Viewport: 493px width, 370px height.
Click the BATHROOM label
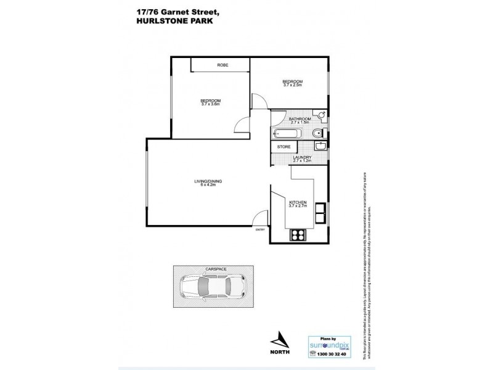click(x=291, y=118)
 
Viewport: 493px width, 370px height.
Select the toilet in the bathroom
click(x=317, y=133)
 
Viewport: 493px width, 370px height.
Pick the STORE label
click(x=284, y=147)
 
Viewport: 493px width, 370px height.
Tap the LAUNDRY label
click(x=302, y=158)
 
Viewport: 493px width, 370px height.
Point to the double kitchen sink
click(x=321, y=213)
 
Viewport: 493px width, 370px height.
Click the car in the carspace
click(x=213, y=287)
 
